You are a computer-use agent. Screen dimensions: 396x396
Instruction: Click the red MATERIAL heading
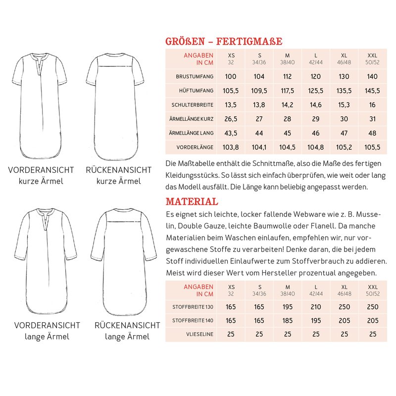tap(192, 201)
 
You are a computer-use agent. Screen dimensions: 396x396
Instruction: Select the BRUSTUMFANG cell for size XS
tap(231, 77)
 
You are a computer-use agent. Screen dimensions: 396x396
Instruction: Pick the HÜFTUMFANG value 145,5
tap(372, 91)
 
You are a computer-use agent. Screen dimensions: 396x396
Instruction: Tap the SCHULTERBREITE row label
tap(192, 105)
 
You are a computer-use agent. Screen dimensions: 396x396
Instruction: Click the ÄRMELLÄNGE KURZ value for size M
tap(287, 119)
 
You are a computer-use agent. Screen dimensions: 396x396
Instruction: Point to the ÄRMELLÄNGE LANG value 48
tap(372, 133)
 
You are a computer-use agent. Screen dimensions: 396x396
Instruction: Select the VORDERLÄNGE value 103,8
tap(231, 148)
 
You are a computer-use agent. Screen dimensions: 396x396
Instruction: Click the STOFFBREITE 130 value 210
tap(315, 307)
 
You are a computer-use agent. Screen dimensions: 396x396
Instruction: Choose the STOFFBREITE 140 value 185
tap(287, 321)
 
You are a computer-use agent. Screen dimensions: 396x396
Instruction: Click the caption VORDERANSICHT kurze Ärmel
tap(41, 175)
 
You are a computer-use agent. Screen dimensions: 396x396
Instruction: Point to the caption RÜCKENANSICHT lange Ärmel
tap(128, 331)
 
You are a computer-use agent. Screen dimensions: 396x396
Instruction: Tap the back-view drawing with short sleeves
tap(118, 104)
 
